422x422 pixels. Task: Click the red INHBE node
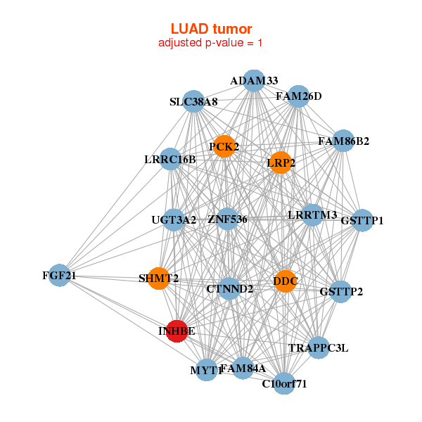tap(177, 331)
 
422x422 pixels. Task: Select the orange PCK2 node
tap(224, 146)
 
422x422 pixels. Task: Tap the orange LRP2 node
tap(281, 162)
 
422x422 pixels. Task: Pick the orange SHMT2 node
tap(159, 279)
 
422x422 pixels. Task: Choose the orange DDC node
tap(285, 281)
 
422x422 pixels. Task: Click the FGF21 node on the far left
tap(58, 276)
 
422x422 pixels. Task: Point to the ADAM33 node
tap(254, 81)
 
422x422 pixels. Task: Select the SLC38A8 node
tap(193, 102)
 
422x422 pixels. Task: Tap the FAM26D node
tap(299, 96)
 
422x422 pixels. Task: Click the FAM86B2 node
tap(343, 141)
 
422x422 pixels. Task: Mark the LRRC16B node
tap(170, 159)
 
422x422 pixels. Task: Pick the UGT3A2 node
tap(174, 219)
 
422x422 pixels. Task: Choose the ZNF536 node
tap(228, 219)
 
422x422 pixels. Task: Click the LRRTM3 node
tap(313, 215)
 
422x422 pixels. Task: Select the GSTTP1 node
tap(362, 220)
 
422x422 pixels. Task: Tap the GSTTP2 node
tap(341, 292)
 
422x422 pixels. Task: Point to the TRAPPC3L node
tap(319, 347)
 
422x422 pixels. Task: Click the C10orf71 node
tap(284, 383)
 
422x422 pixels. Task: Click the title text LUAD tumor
tap(211, 29)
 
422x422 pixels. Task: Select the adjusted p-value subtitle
tap(211, 43)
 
